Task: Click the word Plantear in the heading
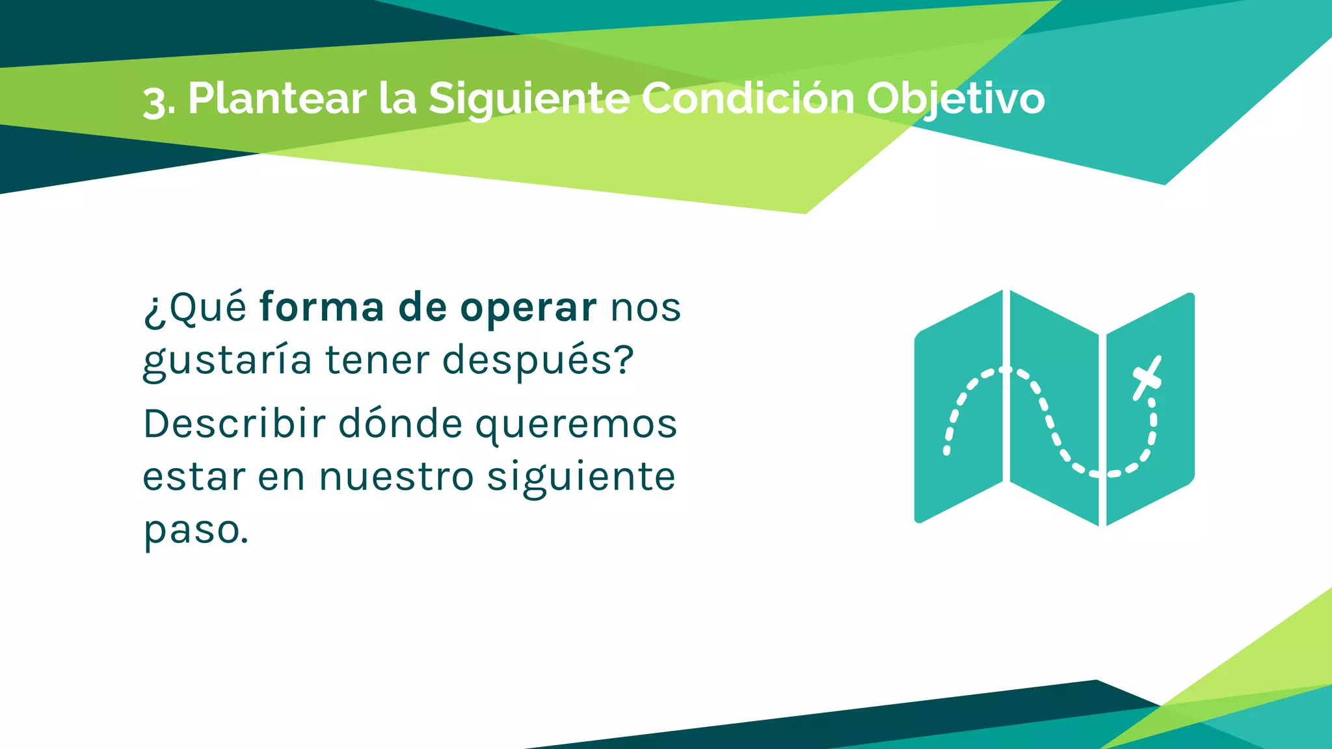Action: point(277,99)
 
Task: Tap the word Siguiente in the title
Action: point(529,99)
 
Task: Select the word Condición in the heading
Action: point(748,99)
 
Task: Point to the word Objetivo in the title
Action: point(955,99)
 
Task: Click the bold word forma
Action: point(322,308)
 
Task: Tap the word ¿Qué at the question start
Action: point(194,308)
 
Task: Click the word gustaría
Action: point(227,361)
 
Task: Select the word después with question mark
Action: point(538,361)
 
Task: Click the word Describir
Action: point(234,424)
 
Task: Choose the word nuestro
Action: point(396,477)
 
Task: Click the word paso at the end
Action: point(195,531)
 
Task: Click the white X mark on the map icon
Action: point(1147,378)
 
